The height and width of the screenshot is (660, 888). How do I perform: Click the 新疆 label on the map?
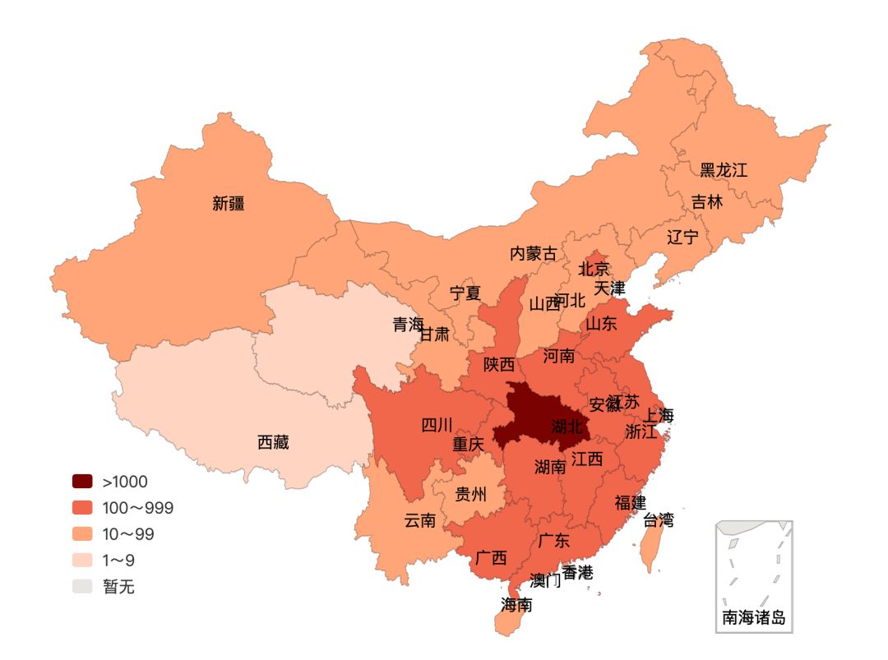tap(229, 204)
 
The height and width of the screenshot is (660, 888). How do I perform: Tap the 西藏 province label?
tap(273, 442)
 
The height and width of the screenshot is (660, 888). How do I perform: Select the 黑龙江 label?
tap(724, 170)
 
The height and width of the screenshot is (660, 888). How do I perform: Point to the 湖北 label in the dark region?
tap(567, 426)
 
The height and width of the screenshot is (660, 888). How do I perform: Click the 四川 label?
tap(437, 425)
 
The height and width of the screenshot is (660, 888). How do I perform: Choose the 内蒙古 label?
tap(533, 253)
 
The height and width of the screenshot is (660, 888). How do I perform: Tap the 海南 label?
tap(516, 605)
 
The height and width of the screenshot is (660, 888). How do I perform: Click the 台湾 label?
tap(658, 519)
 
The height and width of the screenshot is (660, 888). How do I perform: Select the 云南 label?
tap(419, 520)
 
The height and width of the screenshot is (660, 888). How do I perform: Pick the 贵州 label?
tap(471, 495)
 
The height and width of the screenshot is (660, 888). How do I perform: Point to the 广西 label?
tap(491, 558)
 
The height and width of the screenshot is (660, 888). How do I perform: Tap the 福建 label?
tap(630, 502)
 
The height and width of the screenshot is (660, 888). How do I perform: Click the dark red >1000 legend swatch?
tap(82, 482)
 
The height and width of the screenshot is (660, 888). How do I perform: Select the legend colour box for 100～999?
tap(82, 508)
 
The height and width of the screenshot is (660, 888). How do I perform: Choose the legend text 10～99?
tap(128, 534)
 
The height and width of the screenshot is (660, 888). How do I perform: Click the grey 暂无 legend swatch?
tap(82, 587)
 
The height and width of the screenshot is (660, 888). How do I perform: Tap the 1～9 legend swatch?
tap(82, 561)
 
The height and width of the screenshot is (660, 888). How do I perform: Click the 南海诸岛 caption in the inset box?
tap(754, 618)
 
